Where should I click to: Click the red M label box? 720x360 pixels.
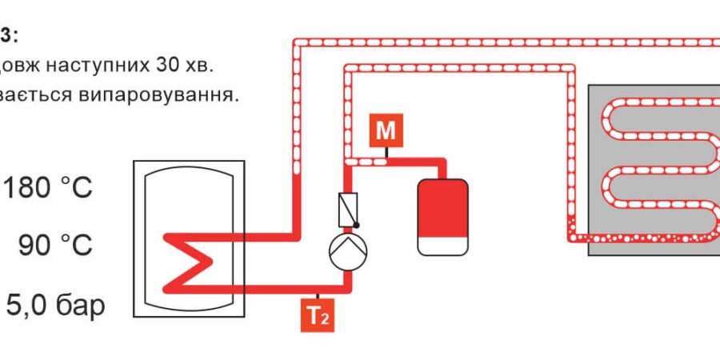[x=385, y=130]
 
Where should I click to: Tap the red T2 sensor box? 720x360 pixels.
[x=318, y=315]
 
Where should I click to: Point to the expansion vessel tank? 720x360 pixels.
[x=442, y=216]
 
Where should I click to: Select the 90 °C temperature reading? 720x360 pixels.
[x=56, y=246]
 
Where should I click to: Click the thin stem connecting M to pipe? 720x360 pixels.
[x=385, y=152]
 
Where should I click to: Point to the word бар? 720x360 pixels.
[x=78, y=305]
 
